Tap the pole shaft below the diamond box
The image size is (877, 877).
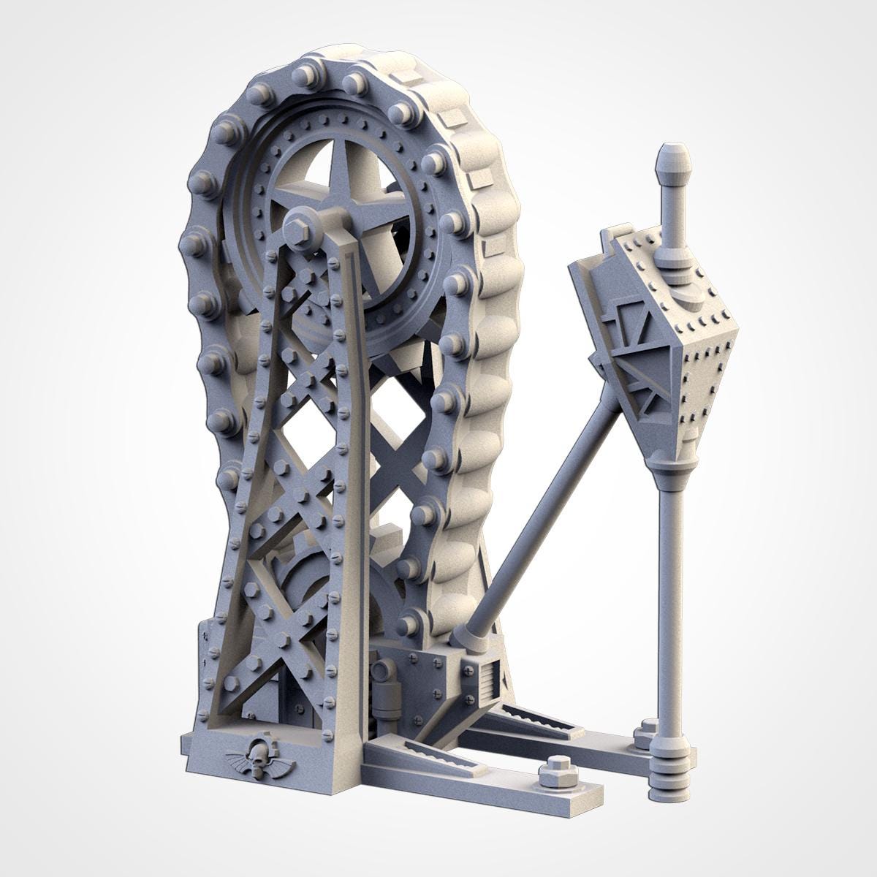(670, 599)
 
